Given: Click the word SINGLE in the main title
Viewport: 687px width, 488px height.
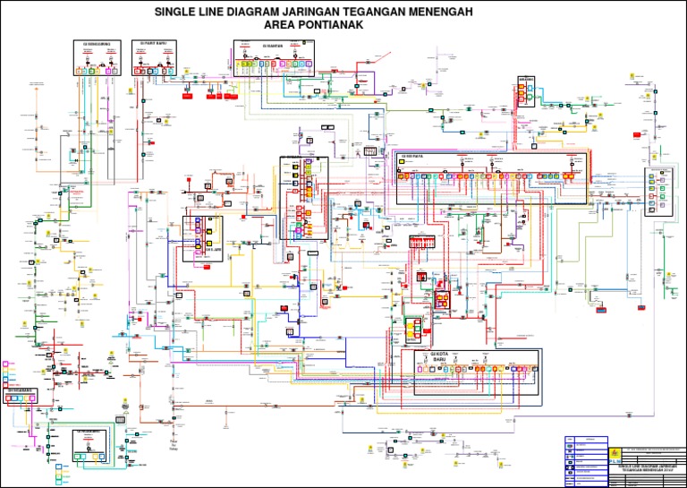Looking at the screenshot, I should pos(178,12).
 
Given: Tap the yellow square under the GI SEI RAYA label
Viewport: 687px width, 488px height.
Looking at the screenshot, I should pos(403,176).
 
